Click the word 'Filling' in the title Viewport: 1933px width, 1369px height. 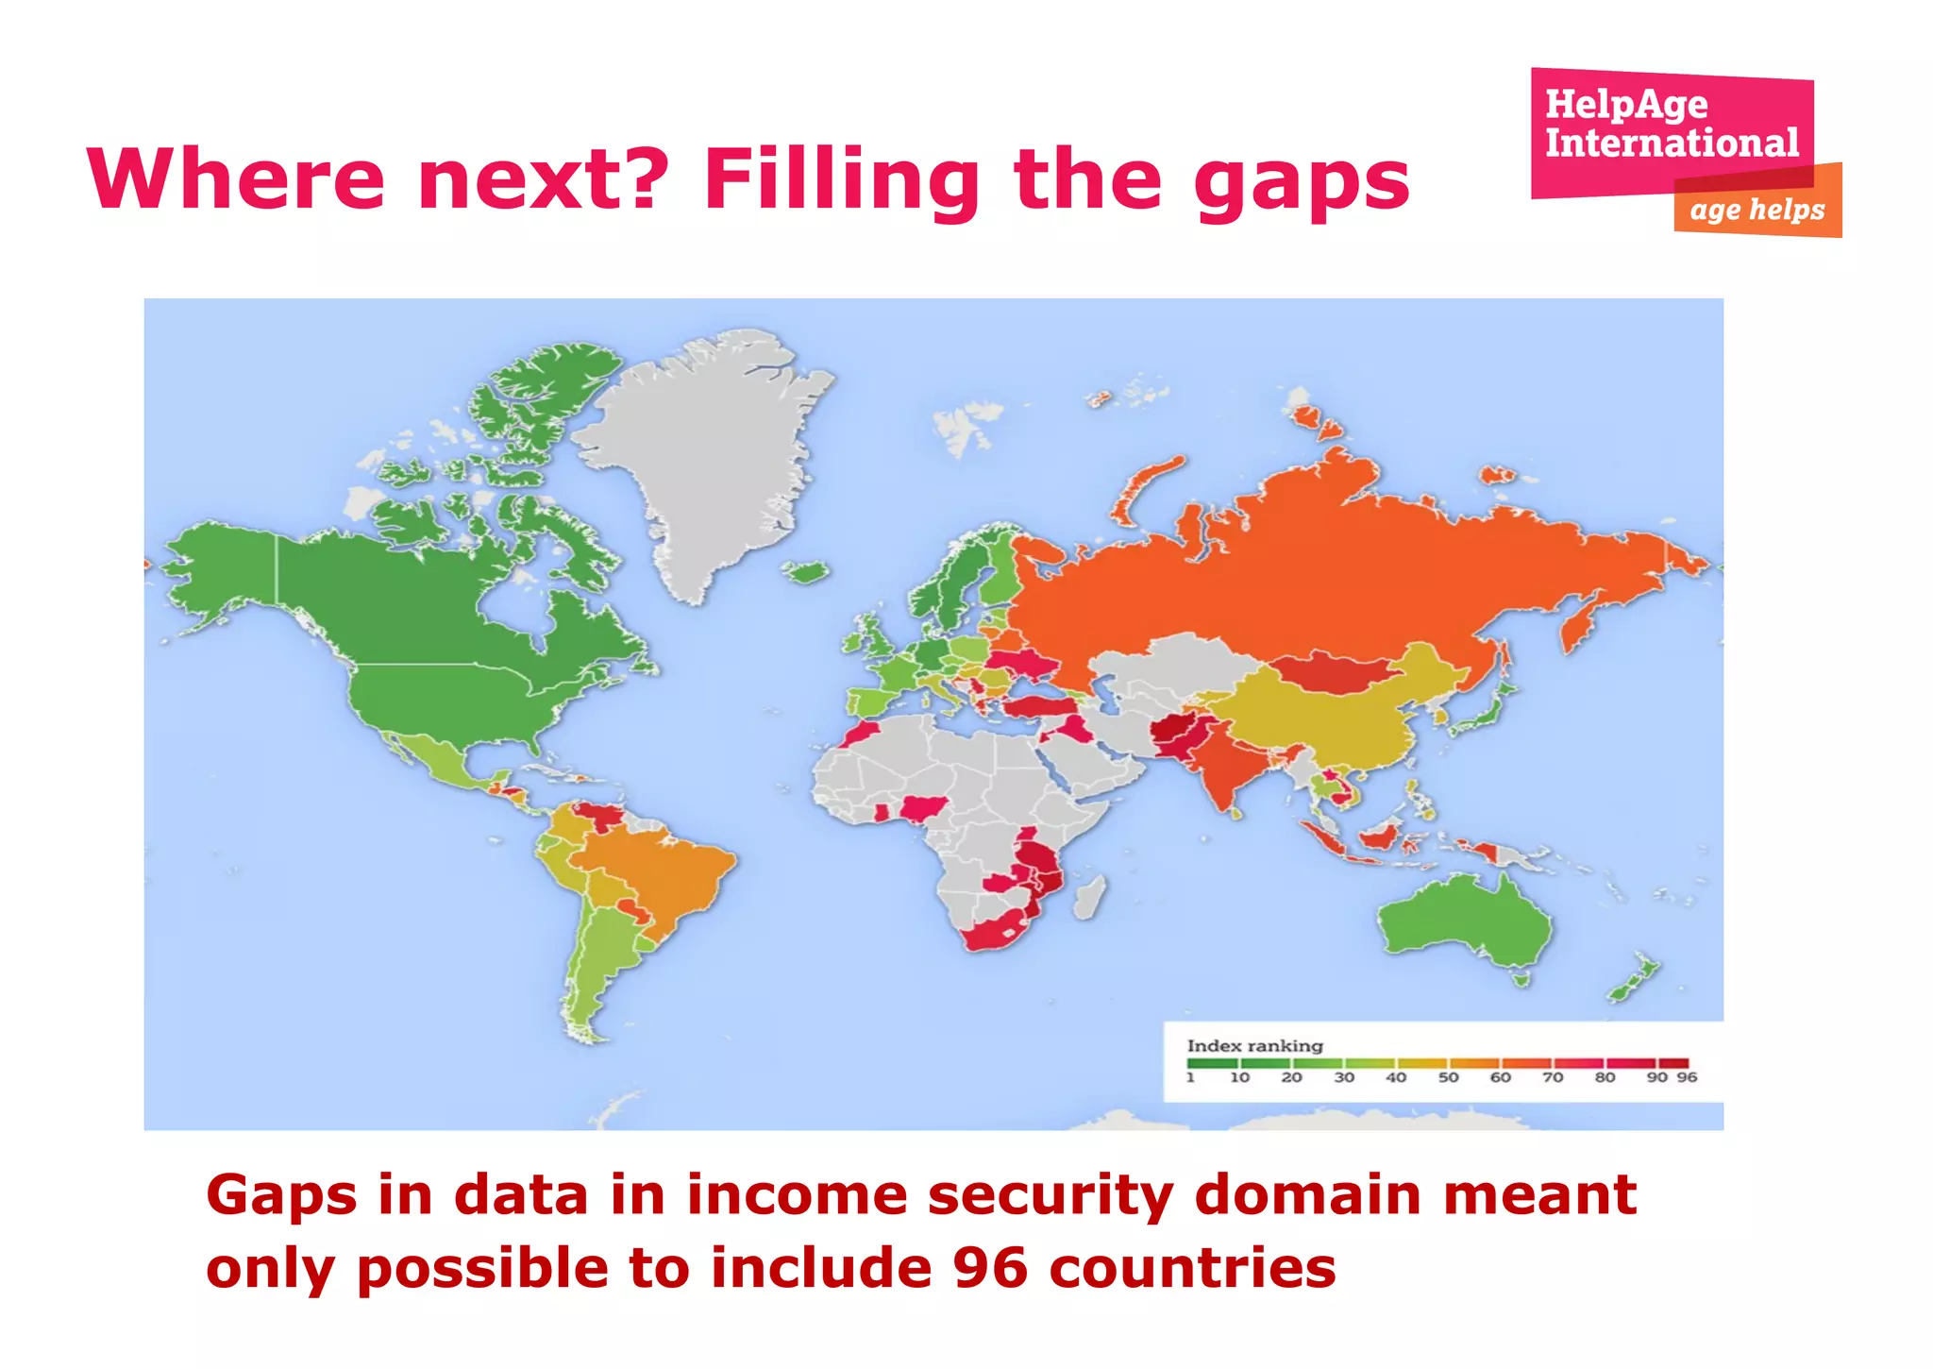click(x=842, y=179)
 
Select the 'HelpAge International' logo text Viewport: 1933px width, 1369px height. click(x=1671, y=124)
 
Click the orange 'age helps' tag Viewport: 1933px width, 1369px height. click(x=1757, y=209)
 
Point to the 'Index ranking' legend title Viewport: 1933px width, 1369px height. click(x=1254, y=1045)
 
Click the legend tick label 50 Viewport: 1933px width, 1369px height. click(x=1448, y=1077)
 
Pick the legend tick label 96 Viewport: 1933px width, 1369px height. click(x=1687, y=1077)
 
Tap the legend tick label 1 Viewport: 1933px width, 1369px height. click(x=1190, y=1077)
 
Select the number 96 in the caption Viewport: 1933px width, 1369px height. click(x=990, y=1267)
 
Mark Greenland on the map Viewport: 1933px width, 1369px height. click(x=708, y=453)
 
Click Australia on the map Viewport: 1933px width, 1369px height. click(x=1463, y=921)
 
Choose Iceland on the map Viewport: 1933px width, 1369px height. click(x=808, y=571)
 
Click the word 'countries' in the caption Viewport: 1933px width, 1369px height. click(x=1192, y=1267)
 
